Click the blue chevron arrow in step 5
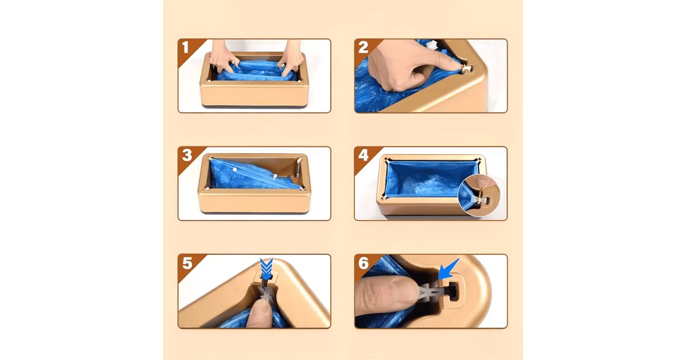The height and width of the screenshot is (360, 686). (266, 269)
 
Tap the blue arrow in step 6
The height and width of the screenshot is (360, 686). (448, 269)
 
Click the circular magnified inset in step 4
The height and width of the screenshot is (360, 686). (478, 195)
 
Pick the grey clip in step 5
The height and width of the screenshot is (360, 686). (266, 293)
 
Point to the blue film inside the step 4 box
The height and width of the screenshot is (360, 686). (428, 179)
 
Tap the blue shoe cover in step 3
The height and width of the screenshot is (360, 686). (254, 174)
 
